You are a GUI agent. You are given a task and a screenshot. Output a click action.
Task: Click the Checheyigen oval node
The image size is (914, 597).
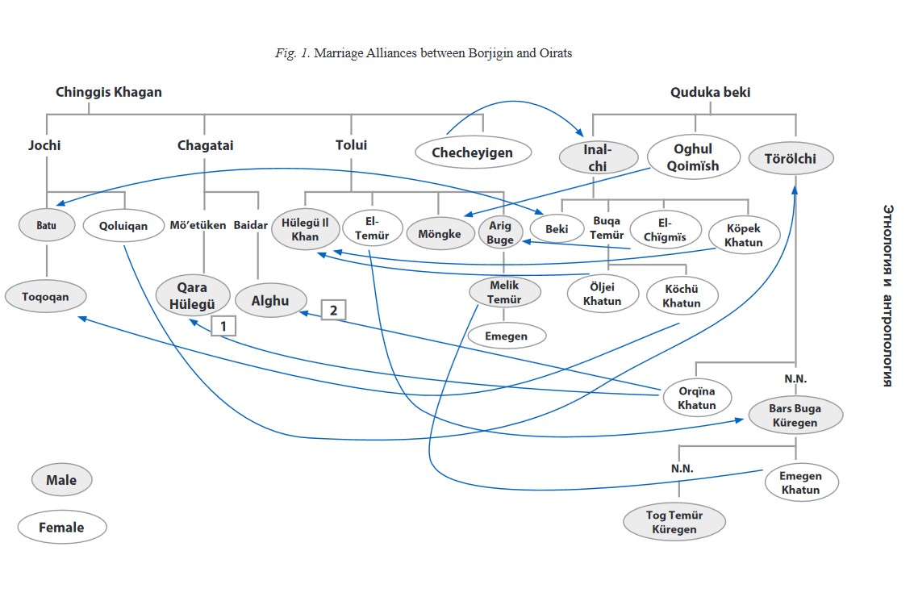coord(472,152)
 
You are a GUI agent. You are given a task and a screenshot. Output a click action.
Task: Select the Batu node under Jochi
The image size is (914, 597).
coord(46,226)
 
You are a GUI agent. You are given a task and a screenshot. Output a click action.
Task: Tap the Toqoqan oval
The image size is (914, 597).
coord(46,297)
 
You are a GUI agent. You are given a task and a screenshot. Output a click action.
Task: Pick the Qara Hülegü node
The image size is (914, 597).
coord(192,296)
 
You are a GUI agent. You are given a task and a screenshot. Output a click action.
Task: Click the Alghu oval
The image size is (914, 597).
coord(271,299)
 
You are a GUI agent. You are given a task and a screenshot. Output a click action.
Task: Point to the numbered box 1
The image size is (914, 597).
coord(223,325)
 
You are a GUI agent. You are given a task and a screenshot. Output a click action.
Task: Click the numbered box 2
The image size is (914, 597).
coord(334,309)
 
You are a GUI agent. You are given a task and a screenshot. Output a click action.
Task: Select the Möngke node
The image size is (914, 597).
coord(440,234)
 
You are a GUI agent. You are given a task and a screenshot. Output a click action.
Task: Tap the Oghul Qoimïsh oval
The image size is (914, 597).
coord(695,157)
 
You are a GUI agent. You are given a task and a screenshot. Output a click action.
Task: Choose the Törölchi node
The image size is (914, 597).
coord(790,159)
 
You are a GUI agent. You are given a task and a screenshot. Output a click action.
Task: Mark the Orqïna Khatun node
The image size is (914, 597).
coord(696,398)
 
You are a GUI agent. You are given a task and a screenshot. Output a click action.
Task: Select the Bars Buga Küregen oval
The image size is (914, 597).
coord(795,415)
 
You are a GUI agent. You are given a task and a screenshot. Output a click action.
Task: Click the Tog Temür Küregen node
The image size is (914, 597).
coord(674,521)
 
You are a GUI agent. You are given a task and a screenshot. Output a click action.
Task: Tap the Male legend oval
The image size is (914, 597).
coord(61,480)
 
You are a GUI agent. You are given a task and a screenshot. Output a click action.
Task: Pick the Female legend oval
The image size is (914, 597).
coord(61,528)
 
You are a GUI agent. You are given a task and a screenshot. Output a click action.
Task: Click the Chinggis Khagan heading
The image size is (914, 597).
coord(108,92)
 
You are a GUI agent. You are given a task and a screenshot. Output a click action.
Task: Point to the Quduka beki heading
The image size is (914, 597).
coord(710,92)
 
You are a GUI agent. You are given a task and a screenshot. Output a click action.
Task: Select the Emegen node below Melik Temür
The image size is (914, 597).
coord(506,336)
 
